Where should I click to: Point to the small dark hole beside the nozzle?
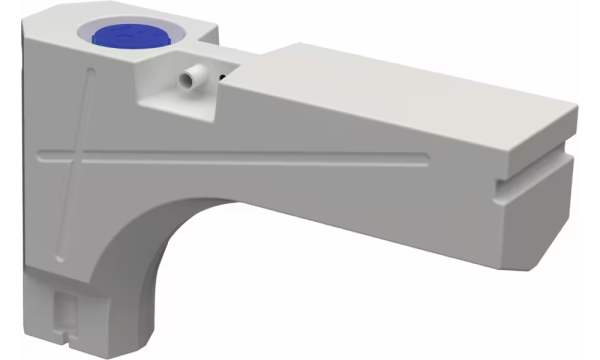pyautogui.click(x=222, y=73)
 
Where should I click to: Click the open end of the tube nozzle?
pyautogui.click(x=185, y=76)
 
